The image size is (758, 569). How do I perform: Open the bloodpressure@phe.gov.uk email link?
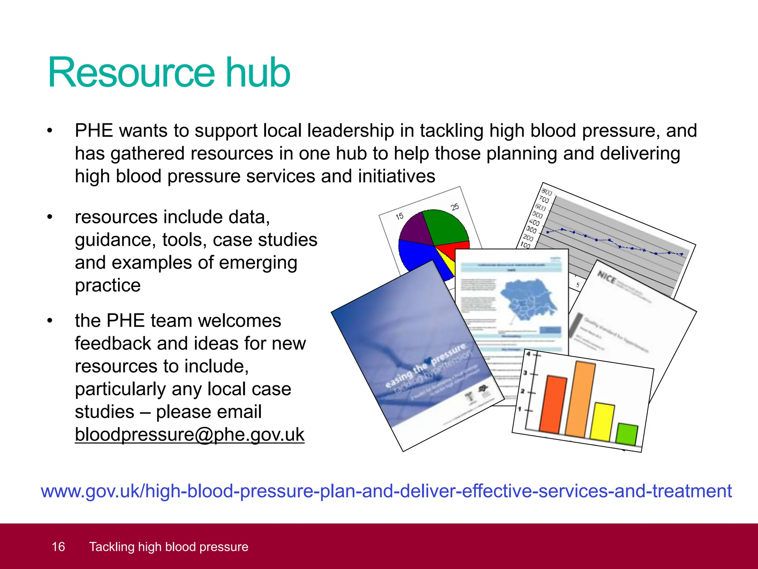[x=189, y=435]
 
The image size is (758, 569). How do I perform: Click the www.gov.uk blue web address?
[x=386, y=491]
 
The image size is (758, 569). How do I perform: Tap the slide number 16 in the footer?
[x=58, y=547]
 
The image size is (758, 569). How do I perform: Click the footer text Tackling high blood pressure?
[x=169, y=547]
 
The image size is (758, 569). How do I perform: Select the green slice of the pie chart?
[x=444, y=226]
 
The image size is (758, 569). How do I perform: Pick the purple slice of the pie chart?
[x=415, y=230]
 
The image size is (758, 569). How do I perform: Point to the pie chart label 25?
[x=455, y=207]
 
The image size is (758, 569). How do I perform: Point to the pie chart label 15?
[x=399, y=216]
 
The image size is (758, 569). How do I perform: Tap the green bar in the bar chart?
[x=627, y=434]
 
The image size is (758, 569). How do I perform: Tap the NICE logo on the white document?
[x=606, y=277]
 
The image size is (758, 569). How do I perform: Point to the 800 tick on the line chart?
[x=546, y=192]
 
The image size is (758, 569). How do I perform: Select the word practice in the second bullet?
[x=108, y=286]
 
